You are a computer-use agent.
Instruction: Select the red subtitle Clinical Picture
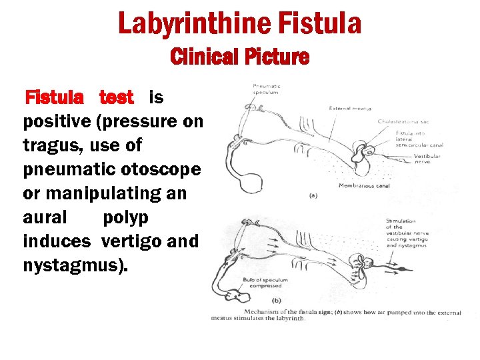pos(240,57)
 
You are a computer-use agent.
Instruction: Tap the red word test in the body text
pos(117,98)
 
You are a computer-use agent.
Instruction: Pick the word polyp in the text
pos(126,217)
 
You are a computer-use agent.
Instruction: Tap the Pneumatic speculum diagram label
pos(265,89)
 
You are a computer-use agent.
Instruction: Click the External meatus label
pos(350,108)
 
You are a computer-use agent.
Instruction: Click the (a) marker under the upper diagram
pos(313,195)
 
